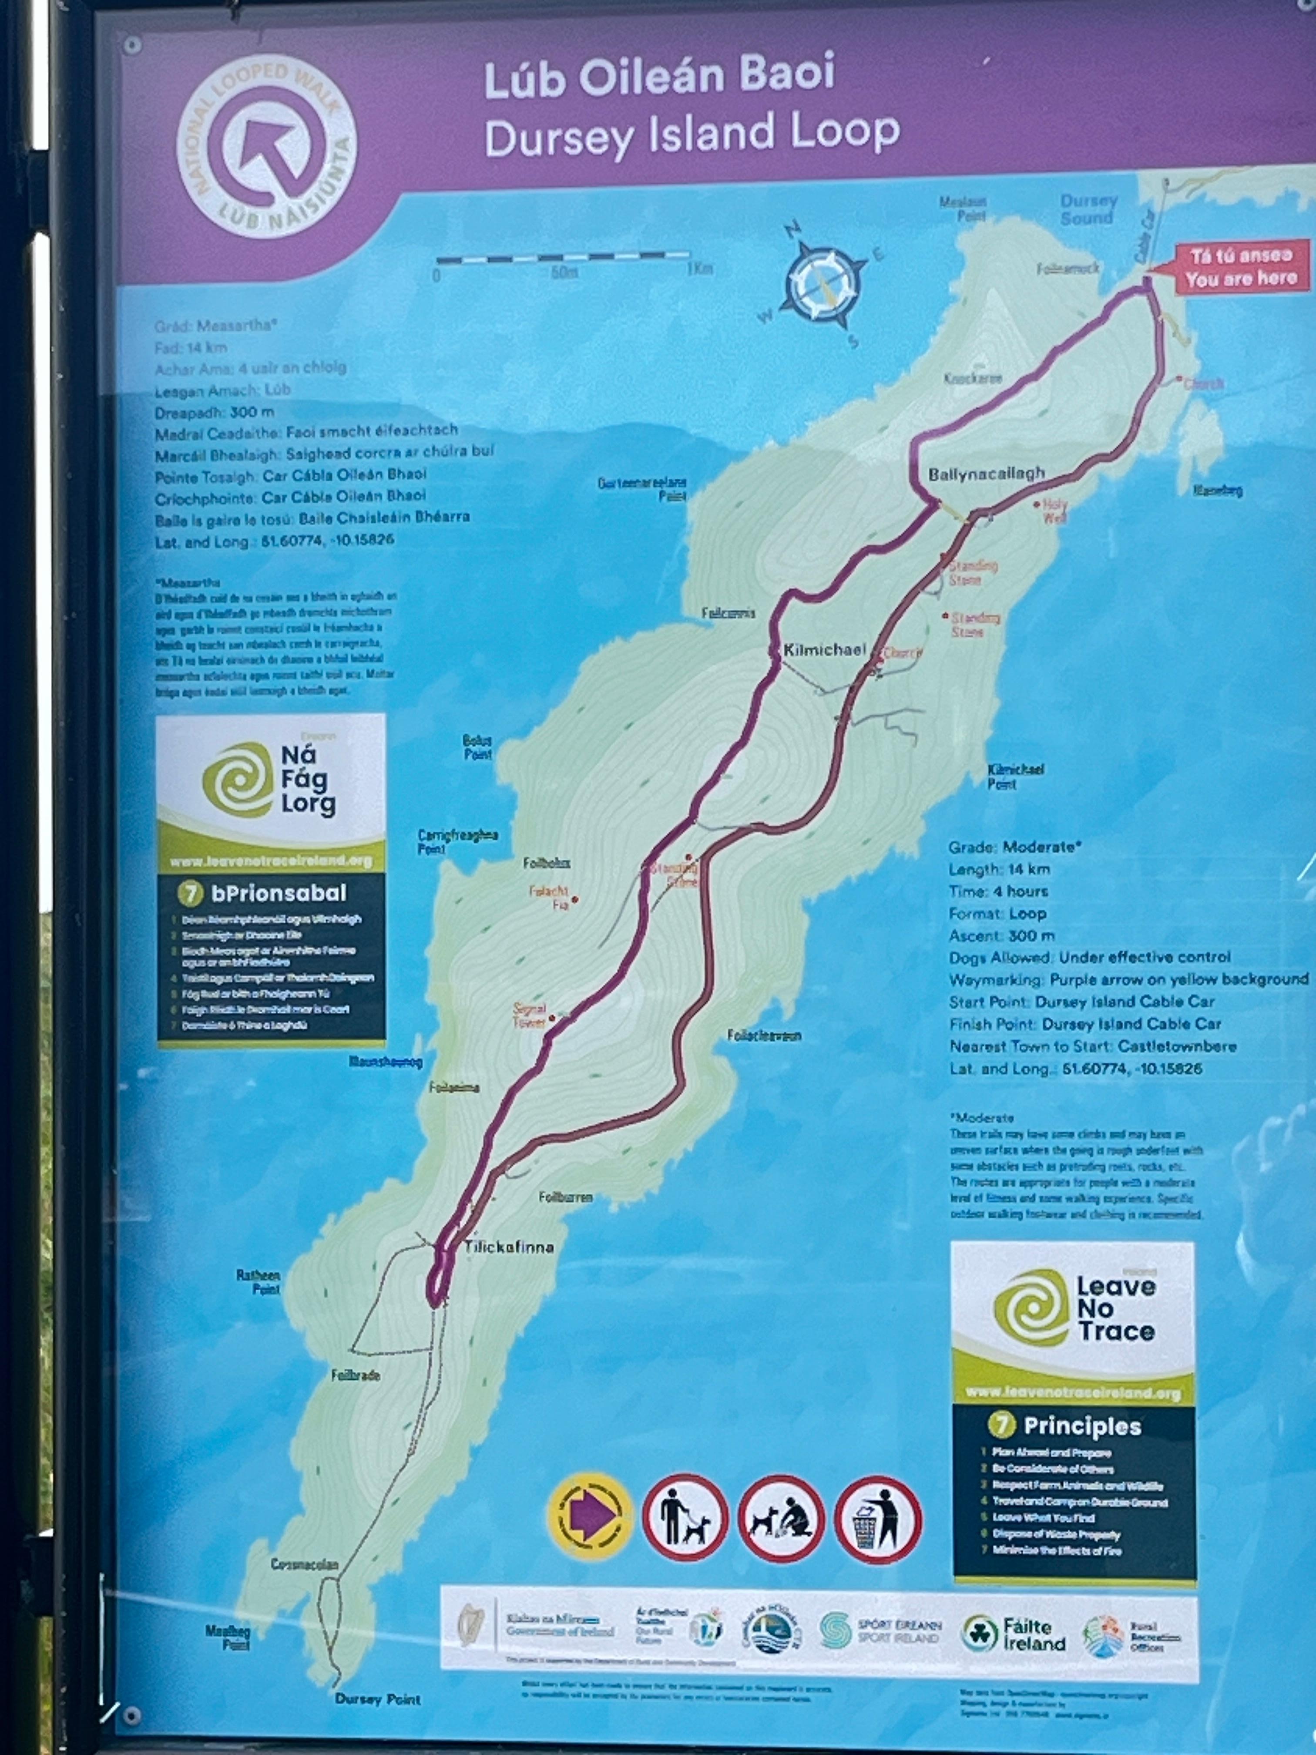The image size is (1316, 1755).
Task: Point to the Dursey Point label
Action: pyautogui.click(x=378, y=1699)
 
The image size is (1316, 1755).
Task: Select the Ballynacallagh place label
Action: pyautogui.click(x=986, y=474)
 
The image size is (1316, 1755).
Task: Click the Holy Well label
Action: pyautogui.click(x=1055, y=511)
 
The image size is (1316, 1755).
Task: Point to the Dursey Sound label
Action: pyautogui.click(x=1088, y=209)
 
